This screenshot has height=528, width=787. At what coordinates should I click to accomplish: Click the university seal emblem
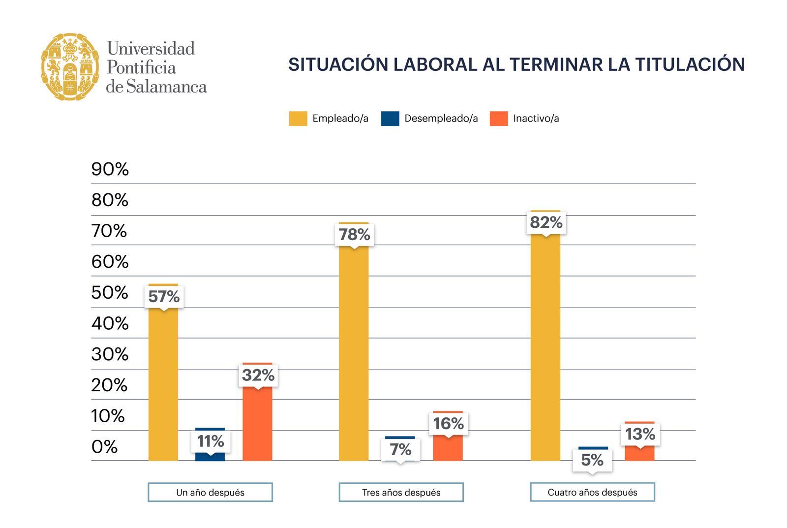point(70,67)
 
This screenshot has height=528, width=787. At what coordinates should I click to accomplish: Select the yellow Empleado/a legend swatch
point(298,119)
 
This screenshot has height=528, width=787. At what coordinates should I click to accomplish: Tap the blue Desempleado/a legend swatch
point(390,119)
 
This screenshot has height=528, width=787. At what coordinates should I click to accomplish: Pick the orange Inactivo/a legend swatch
point(498,119)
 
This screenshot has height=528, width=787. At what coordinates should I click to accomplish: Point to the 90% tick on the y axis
point(110,169)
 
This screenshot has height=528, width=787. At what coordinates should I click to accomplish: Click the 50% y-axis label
point(110,293)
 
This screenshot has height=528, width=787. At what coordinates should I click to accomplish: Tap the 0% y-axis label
point(104,447)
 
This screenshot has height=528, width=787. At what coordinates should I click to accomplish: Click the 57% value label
point(164,297)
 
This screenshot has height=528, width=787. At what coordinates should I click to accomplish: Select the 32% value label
point(258,375)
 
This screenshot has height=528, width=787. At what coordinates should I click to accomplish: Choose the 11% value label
point(211,441)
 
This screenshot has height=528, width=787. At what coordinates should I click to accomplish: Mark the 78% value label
point(354,234)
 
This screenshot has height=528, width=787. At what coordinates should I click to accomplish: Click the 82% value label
point(546,222)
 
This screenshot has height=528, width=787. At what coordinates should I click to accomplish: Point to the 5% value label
point(592,460)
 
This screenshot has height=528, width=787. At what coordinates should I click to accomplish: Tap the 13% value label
point(640,434)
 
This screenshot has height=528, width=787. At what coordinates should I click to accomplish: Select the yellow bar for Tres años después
point(354,354)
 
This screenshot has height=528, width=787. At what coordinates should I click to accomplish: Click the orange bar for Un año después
point(257,426)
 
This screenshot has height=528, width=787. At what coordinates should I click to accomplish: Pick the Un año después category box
point(210,492)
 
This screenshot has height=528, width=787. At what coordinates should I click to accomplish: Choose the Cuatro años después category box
point(592,492)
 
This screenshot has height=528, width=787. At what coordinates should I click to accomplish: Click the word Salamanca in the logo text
point(166,87)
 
